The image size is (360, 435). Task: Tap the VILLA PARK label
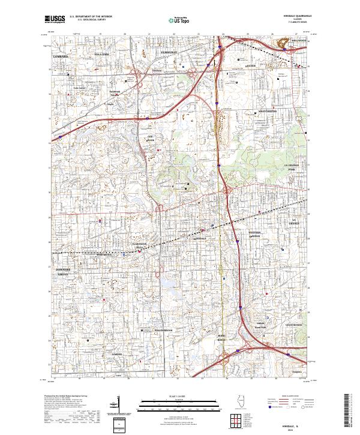[x=101, y=54]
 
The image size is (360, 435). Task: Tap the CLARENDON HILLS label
[x=139, y=246]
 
